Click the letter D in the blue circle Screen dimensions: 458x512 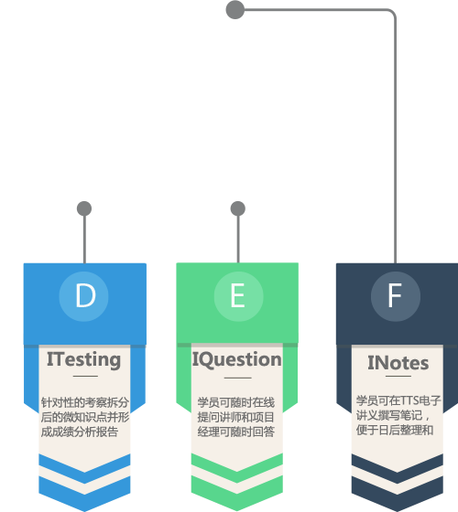[85, 295]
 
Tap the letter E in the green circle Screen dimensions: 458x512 [238, 295]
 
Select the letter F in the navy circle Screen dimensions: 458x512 [395, 295]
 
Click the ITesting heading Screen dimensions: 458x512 [84, 360]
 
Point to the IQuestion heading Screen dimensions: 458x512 [237, 360]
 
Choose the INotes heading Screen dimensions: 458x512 [398, 363]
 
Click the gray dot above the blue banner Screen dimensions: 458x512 [84, 208]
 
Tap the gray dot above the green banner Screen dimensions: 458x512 [238, 208]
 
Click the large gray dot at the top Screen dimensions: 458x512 [235, 10]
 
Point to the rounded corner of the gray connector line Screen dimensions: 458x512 [393, 13]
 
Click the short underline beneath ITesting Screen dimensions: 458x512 [85, 376]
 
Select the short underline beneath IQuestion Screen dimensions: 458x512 [238, 378]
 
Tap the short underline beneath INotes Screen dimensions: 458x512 [398, 376]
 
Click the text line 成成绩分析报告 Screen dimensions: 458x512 [79, 432]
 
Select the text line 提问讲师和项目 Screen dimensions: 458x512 [235, 417]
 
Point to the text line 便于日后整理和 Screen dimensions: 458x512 [395, 430]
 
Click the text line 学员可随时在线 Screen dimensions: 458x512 [236, 402]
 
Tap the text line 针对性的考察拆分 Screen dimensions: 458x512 [84, 402]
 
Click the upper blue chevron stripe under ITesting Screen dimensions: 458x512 [84, 467]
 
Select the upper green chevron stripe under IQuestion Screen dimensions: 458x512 [237, 467]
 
